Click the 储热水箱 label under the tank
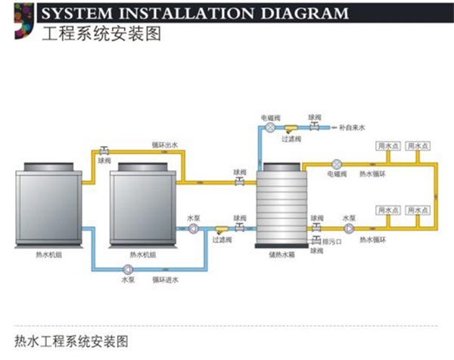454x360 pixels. point(281,256)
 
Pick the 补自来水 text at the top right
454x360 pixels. point(352,129)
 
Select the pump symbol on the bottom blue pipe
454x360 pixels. point(126,268)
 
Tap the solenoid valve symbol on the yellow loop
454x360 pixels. point(337,163)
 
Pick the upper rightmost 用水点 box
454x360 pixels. point(418,145)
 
